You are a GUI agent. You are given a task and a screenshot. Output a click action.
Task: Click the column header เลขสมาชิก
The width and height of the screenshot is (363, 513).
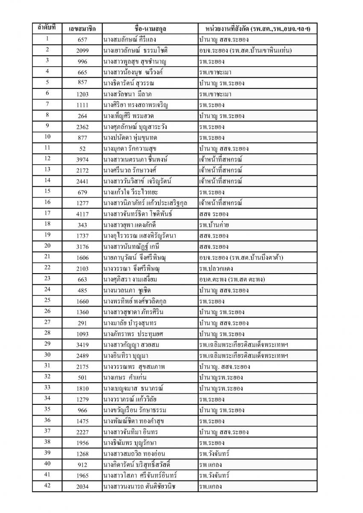coord(82,29)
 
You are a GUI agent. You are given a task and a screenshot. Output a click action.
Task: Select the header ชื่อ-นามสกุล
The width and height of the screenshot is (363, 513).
coord(150,29)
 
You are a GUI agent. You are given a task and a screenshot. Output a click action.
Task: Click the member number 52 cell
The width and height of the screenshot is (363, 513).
coord(82,149)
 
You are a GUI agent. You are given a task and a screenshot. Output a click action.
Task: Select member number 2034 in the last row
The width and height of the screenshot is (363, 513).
coord(82,486)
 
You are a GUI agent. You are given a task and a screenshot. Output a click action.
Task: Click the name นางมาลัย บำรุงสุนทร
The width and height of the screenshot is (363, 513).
coord(132,323)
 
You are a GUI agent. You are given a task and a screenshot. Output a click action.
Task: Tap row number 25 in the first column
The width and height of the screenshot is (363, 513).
coord(47,301)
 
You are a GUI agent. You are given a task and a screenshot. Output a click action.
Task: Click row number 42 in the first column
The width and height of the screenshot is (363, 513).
coord(47,486)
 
